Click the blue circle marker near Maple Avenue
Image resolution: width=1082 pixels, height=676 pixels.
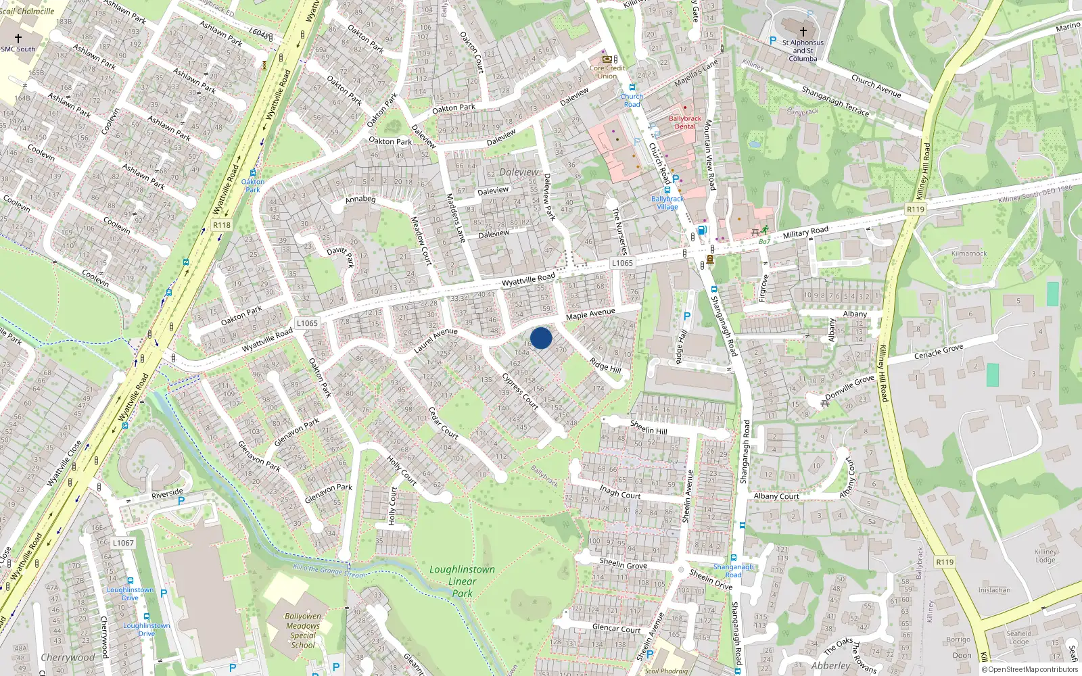pyautogui.click(x=541, y=338)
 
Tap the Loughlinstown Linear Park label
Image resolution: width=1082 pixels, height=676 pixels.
pyautogui.click(x=462, y=581)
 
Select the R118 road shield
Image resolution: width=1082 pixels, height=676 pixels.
pyautogui.click(x=221, y=225)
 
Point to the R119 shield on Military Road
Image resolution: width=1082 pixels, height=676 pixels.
pyautogui.click(x=915, y=210)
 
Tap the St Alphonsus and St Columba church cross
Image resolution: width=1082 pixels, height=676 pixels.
pyautogui.click(x=803, y=31)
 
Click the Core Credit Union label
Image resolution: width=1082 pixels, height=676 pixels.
pyautogui.click(x=607, y=72)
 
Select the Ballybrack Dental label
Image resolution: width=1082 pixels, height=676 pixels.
pyautogui.click(x=685, y=122)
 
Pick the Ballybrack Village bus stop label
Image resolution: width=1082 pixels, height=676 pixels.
pyautogui.click(x=667, y=203)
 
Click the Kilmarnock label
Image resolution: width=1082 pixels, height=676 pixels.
pyautogui.click(x=969, y=254)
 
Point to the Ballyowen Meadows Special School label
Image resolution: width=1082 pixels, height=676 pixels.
pyautogui.click(x=303, y=630)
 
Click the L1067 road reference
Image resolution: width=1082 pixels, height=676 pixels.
pyautogui.click(x=123, y=543)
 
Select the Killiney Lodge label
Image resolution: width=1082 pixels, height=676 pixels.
pyautogui.click(x=1045, y=556)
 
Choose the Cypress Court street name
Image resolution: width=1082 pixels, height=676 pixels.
pyautogui.click(x=520, y=391)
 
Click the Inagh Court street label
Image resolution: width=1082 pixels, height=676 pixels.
pyautogui.click(x=619, y=491)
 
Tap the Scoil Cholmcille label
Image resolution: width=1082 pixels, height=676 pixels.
pyautogui.click(x=27, y=11)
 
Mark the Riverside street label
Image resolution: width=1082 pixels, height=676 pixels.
pyautogui.click(x=167, y=494)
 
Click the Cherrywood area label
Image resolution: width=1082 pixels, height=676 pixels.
pyautogui.click(x=68, y=657)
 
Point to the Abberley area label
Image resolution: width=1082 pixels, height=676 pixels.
pyautogui.click(x=830, y=666)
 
